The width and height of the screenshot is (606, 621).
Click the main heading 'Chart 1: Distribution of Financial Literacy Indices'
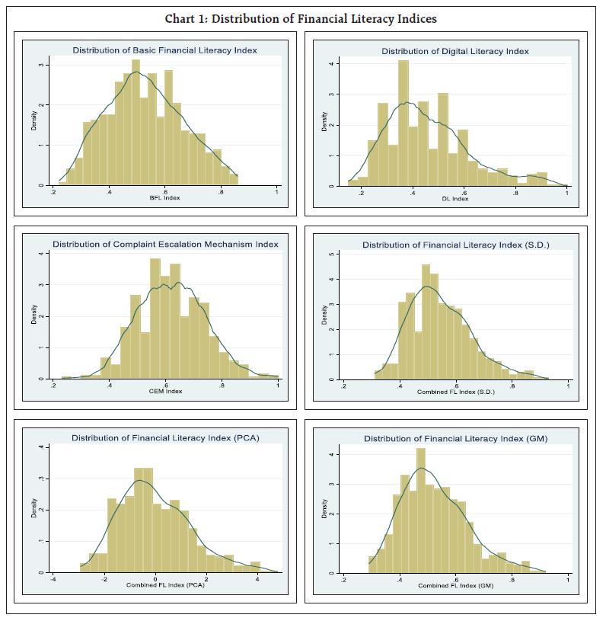pyautogui.click(x=301, y=18)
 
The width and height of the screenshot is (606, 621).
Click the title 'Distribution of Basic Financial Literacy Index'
pyautogui.click(x=164, y=50)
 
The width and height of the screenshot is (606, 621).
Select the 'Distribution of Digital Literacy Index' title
pyautogui.click(x=455, y=51)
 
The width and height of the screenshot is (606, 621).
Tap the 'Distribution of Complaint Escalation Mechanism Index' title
pyautogui.click(x=165, y=244)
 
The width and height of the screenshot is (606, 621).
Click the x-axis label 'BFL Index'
pyautogui.click(x=165, y=198)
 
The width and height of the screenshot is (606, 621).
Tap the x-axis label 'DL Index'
pyautogui.click(x=455, y=198)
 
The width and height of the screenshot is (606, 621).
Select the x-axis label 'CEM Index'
pyautogui.click(x=165, y=392)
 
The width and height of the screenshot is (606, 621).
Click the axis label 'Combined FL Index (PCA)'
pyautogui.click(x=165, y=585)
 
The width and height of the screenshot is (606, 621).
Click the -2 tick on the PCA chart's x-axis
pyautogui.click(x=104, y=578)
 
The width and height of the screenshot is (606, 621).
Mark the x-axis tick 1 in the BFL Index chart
pyautogui.click(x=277, y=192)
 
